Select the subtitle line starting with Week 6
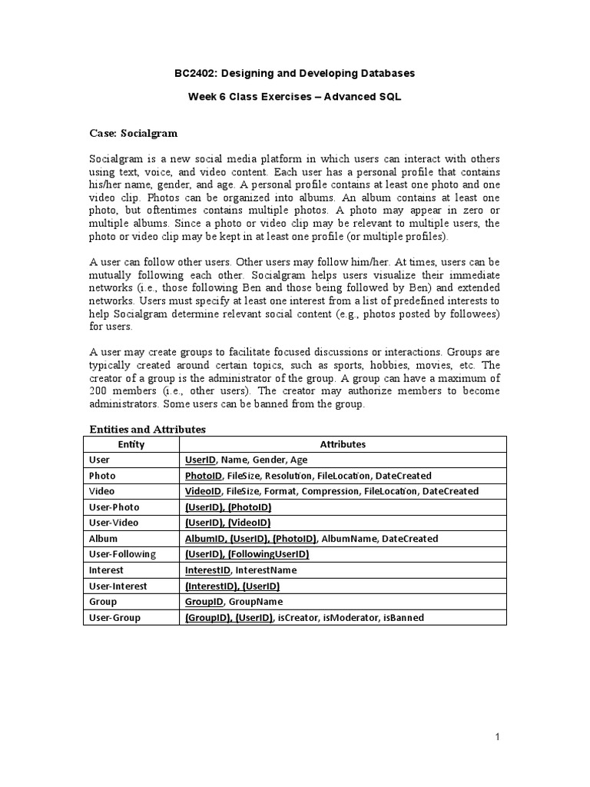tap(295, 97)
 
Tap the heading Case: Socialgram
tap(129, 133)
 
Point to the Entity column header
tap(131, 444)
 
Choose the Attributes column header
tap(343, 444)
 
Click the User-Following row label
tap(122, 554)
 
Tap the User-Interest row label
tap(118, 586)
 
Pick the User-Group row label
tap(114, 617)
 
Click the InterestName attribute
tap(265, 570)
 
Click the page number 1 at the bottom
tap(497, 738)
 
